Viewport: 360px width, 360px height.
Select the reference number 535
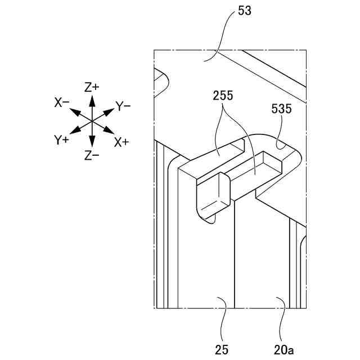281,109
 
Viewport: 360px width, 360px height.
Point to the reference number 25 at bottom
222,349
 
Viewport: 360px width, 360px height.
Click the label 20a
284,349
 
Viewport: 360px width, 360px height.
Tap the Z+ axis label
92,87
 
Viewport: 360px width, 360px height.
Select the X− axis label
62,102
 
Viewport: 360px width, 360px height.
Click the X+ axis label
121,142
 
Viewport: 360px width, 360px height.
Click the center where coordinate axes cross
92,121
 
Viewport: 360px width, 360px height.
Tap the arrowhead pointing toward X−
74,110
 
